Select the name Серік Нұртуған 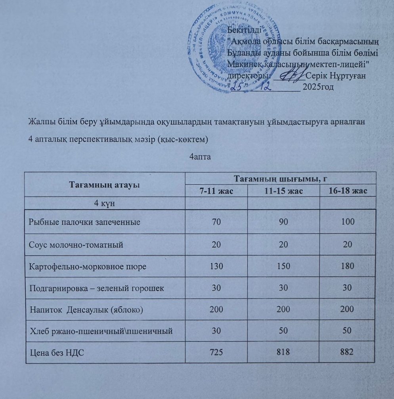[x=339, y=75]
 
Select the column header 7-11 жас [x=216, y=191]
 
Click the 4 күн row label [x=105, y=203]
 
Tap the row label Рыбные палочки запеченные [x=84, y=222]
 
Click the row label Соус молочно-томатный [x=76, y=244]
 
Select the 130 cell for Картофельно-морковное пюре [x=216, y=266]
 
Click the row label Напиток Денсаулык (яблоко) [x=87, y=309]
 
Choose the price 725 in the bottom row [x=216, y=351]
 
